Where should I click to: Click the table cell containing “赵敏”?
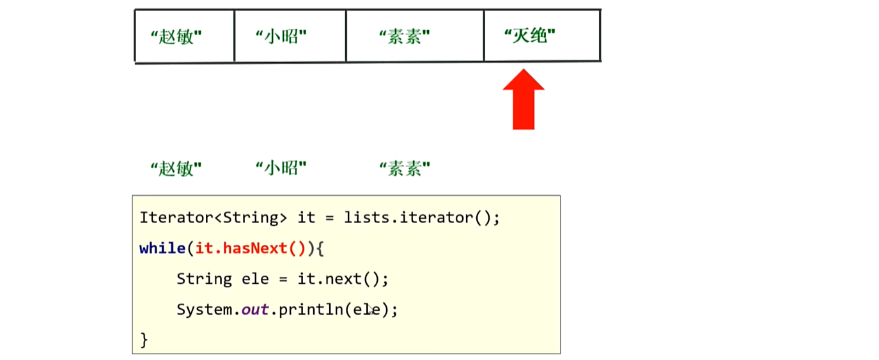(x=184, y=36)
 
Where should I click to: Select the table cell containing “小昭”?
(x=290, y=36)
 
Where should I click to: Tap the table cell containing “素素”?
(x=414, y=36)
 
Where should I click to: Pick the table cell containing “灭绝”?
(x=541, y=36)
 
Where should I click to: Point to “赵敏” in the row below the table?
(x=176, y=169)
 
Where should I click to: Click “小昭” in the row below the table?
(x=281, y=169)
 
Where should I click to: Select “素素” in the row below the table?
(x=405, y=169)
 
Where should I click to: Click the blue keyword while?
(x=163, y=248)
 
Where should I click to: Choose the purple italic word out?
(x=254, y=309)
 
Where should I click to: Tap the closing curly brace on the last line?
(x=144, y=339)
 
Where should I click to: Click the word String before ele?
(x=204, y=279)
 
